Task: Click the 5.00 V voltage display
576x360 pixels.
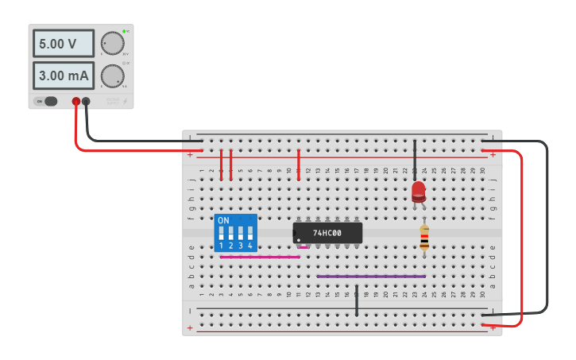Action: point(63,44)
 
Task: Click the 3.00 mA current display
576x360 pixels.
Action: point(63,76)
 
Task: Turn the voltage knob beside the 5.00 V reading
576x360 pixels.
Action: point(113,43)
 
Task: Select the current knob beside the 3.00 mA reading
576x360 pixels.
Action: point(113,75)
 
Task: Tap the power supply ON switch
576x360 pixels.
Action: point(49,101)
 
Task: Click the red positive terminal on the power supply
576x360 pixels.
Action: point(76,101)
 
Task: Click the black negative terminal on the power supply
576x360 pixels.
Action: point(86,101)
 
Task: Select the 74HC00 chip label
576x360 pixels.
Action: point(327,233)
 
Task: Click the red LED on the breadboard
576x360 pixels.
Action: point(418,191)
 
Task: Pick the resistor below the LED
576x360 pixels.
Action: point(424,237)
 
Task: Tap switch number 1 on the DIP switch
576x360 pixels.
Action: point(221,234)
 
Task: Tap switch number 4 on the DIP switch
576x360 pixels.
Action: point(249,234)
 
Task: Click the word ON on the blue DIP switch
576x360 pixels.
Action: point(223,220)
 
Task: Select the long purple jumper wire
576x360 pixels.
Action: point(371,277)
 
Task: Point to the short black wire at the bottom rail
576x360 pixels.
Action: point(357,300)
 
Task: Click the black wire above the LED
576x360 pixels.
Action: point(414,159)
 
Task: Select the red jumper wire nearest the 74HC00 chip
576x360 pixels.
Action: point(298,164)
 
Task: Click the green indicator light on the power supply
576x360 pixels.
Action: point(124,30)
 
